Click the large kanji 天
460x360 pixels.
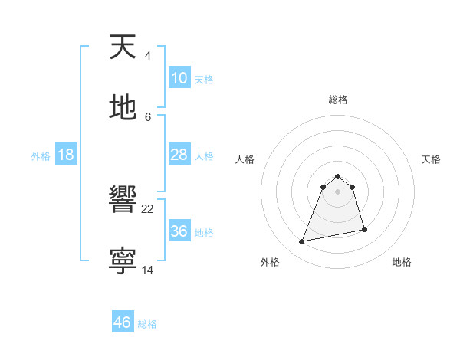(123, 47)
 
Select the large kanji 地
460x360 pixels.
(123, 107)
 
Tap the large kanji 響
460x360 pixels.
(123, 201)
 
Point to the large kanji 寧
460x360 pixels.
(123, 260)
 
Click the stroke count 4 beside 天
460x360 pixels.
(147, 56)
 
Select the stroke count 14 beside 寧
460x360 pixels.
(148, 269)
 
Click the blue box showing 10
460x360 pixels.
(179, 78)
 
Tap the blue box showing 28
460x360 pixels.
(179, 155)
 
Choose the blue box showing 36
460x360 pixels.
(179, 231)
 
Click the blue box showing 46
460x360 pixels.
(123, 322)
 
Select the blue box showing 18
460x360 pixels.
(66, 155)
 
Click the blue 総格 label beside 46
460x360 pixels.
(147, 324)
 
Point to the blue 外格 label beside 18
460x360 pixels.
(41, 156)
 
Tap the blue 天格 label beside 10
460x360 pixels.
(204, 80)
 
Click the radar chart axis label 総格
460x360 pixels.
(338, 100)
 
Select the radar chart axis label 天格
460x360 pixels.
(431, 159)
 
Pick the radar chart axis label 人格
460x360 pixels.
(245, 159)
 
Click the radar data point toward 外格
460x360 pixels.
(302, 242)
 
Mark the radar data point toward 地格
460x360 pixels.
(364, 230)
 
